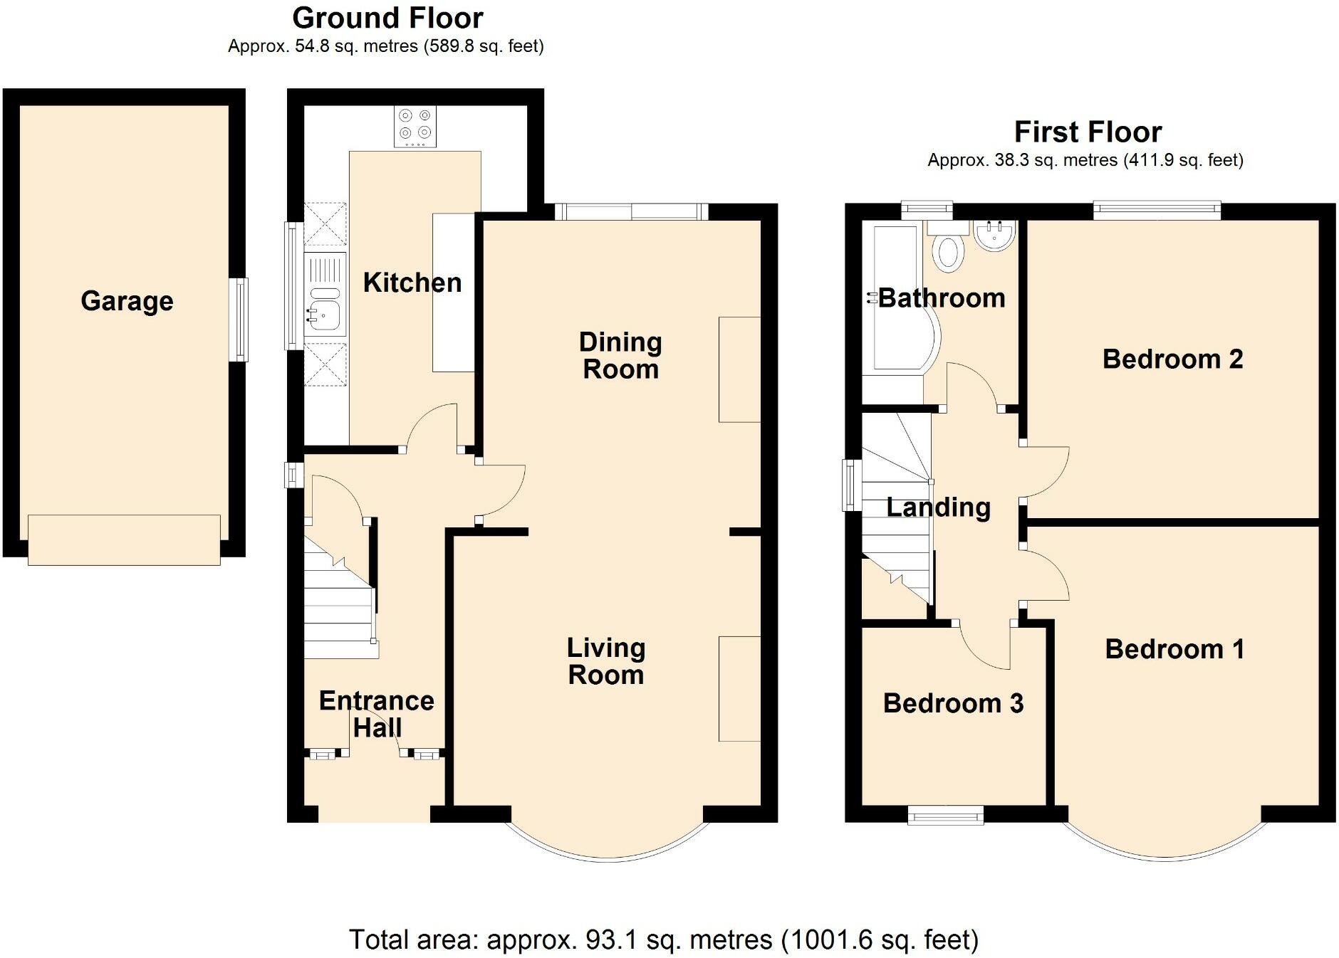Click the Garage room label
(127, 301)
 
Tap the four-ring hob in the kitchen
(415, 127)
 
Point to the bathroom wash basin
(995, 236)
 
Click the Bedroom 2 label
(1172, 359)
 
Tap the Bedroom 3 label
(953, 703)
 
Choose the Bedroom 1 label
(1174, 649)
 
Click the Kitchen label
(412, 283)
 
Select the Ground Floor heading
(387, 18)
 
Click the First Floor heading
(1088, 132)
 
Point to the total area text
(664, 940)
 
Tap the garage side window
(242, 320)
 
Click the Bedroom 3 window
(945, 815)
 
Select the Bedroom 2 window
(1157, 210)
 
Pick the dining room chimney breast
(739, 369)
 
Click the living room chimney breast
(739, 689)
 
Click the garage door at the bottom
(124, 539)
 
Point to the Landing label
(938, 507)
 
